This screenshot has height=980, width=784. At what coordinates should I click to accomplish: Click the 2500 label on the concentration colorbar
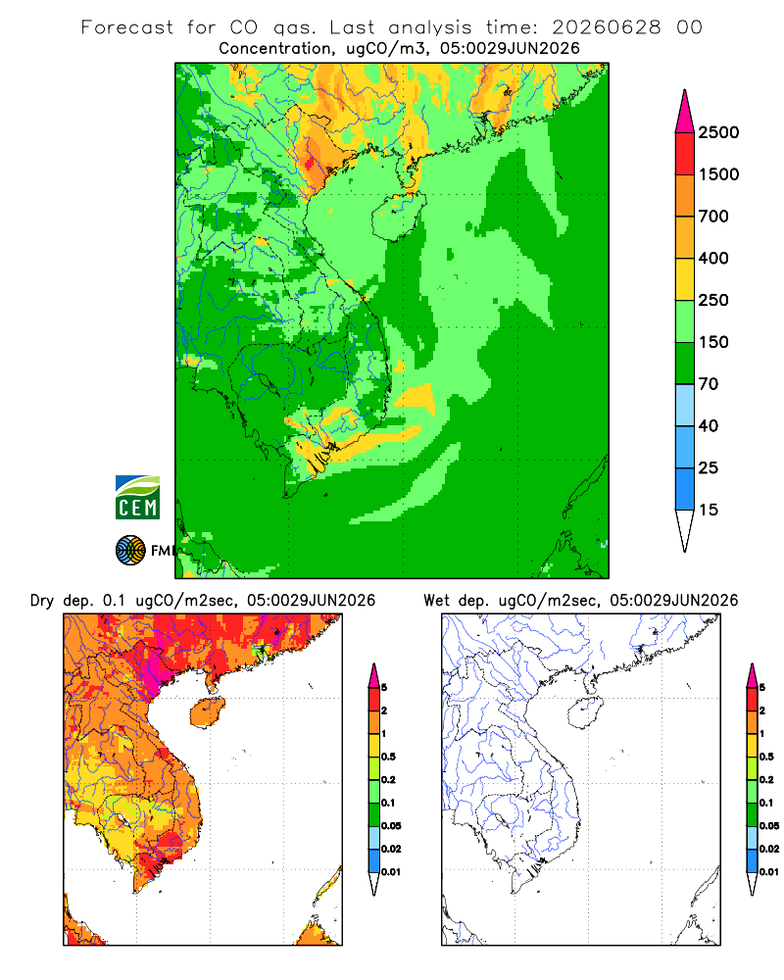tap(718, 132)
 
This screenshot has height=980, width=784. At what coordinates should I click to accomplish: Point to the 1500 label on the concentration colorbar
tap(718, 174)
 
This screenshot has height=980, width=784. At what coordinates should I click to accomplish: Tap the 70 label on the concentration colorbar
tap(709, 384)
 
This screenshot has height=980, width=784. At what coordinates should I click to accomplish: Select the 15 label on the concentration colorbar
tap(709, 510)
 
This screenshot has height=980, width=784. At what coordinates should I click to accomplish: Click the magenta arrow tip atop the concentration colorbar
tap(685, 113)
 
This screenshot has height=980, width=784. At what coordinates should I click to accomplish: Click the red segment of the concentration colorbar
tap(685, 154)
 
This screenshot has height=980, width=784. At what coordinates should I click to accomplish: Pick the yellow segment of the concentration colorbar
tap(685, 279)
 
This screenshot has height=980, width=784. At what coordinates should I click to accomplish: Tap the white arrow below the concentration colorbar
tap(685, 530)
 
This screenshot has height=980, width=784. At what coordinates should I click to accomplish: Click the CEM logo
tap(137, 498)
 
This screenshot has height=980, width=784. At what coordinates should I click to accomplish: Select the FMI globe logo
tap(130, 550)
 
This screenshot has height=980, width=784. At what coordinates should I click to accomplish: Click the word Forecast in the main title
tap(127, 27)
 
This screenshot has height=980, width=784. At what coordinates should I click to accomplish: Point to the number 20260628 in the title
tap(607, 27)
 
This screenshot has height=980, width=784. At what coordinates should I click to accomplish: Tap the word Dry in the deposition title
tap(42, 601)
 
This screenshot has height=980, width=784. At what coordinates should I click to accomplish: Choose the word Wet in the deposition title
tap(437, 600)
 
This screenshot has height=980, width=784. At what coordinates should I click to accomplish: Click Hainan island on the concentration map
tap(398, 217)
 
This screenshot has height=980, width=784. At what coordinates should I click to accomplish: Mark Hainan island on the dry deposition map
tap(207, 713)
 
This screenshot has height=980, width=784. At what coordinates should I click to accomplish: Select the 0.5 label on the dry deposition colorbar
tap(388, 757)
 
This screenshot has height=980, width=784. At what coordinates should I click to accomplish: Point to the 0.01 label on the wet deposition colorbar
tap(769, 872)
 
